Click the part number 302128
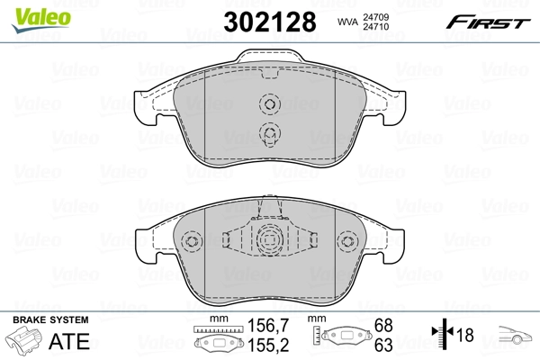point(270,22)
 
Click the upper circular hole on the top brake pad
point(269,104)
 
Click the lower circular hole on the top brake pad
point(269,135)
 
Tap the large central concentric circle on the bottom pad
point(269,241)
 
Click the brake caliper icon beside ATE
point(27,342)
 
